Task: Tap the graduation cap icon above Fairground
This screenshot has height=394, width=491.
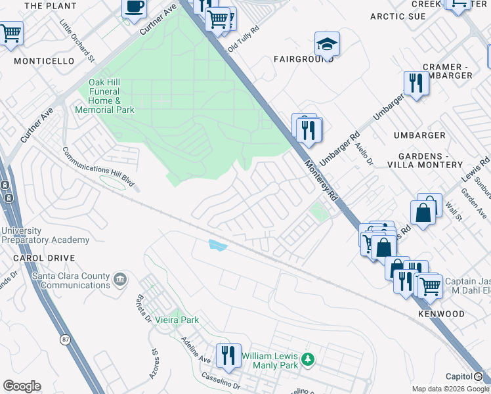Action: pos(327,45)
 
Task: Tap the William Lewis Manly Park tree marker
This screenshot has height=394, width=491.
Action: pos(307,360)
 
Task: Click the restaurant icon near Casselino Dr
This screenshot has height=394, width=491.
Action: pos(228,355)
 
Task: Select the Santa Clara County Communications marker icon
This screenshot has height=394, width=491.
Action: pos(119,280)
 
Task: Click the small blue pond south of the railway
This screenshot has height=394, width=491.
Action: pos(217,246)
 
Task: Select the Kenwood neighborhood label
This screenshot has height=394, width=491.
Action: pos(441,314)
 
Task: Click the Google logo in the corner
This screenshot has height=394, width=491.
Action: pos(22,386)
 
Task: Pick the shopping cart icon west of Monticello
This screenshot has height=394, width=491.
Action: pos(11,33)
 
